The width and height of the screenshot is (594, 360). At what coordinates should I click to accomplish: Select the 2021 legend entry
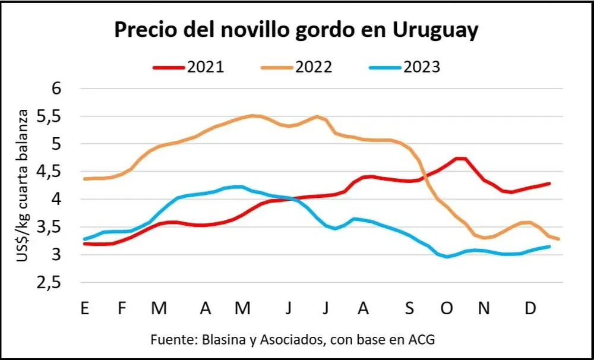(188, 67)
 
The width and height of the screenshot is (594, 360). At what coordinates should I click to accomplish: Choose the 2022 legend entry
(296, 67)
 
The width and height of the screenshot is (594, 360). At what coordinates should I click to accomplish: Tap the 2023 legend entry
(405, 67)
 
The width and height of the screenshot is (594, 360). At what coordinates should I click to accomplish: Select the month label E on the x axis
(86, 309)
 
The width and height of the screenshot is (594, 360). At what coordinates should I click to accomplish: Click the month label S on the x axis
(410, 309)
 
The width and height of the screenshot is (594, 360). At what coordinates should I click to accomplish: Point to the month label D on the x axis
(532, 309)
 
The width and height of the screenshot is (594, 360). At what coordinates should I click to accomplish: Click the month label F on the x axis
(122, 309)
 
